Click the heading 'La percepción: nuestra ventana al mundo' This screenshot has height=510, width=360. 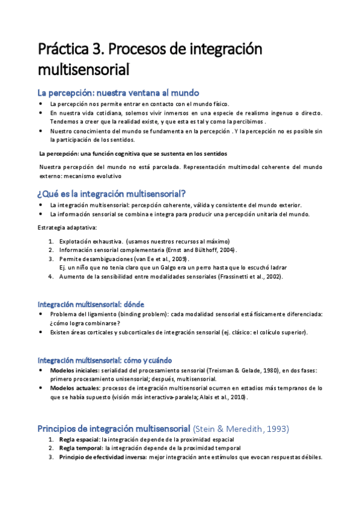[118, 93]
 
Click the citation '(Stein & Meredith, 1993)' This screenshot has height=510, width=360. [240, 429]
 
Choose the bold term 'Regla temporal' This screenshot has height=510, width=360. [81, 448]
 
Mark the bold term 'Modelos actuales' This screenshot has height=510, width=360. [74, 389]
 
